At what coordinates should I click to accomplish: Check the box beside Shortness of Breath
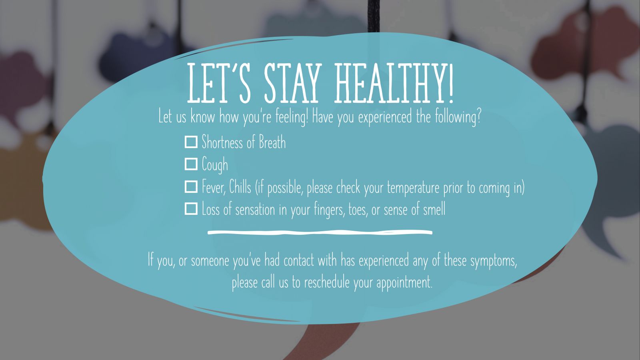tap(191, 142)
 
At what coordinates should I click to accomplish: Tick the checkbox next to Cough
tap(191, 164)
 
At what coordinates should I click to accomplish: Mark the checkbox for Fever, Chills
tap(191, 186)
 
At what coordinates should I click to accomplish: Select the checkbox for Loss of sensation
tap(191, 208)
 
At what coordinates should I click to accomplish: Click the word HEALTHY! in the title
tap(394, 84)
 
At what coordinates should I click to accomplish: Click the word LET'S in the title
tap(218, 84)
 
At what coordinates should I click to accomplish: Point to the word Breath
tap(272, 142)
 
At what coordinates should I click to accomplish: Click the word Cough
tap(215, 165)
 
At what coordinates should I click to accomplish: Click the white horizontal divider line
tap(320, 232)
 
